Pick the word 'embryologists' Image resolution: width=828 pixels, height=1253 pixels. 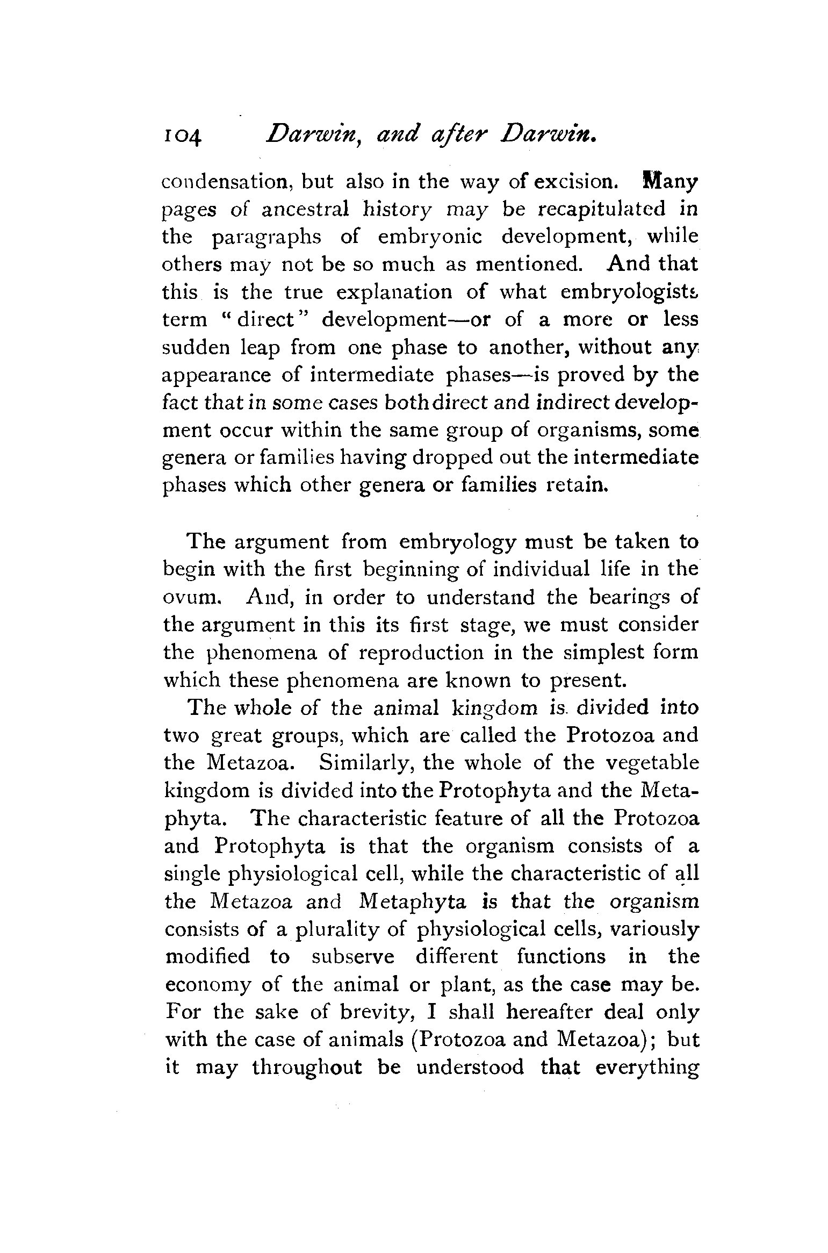tap(629, 292)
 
